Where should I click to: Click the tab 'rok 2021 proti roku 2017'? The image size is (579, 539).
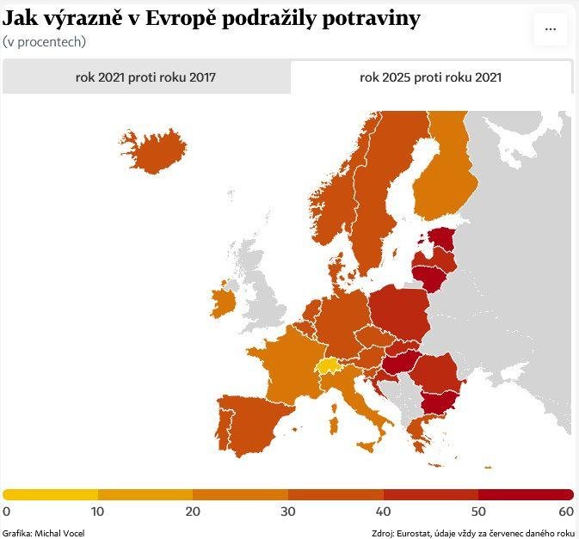(x=145, y=77)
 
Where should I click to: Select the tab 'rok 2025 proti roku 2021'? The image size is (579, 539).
(x=430, y=77)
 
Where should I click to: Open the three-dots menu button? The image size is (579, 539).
(x=550, y=28)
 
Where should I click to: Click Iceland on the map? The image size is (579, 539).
(x=155, y=150)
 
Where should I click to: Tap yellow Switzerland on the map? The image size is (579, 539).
(x=327, y=367)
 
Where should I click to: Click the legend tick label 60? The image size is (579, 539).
(x=566, y=511)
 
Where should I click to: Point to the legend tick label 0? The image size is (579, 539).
(x=7, y=511)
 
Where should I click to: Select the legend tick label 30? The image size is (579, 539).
(x=288, y=511)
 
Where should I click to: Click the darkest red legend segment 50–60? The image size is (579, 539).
(x=525, y=494)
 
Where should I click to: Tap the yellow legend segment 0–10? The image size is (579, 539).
(x=51, y=494)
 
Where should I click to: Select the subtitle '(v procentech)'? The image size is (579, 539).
(x=45, y=41)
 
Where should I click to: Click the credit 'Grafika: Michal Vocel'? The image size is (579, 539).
(x=43, y=532)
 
